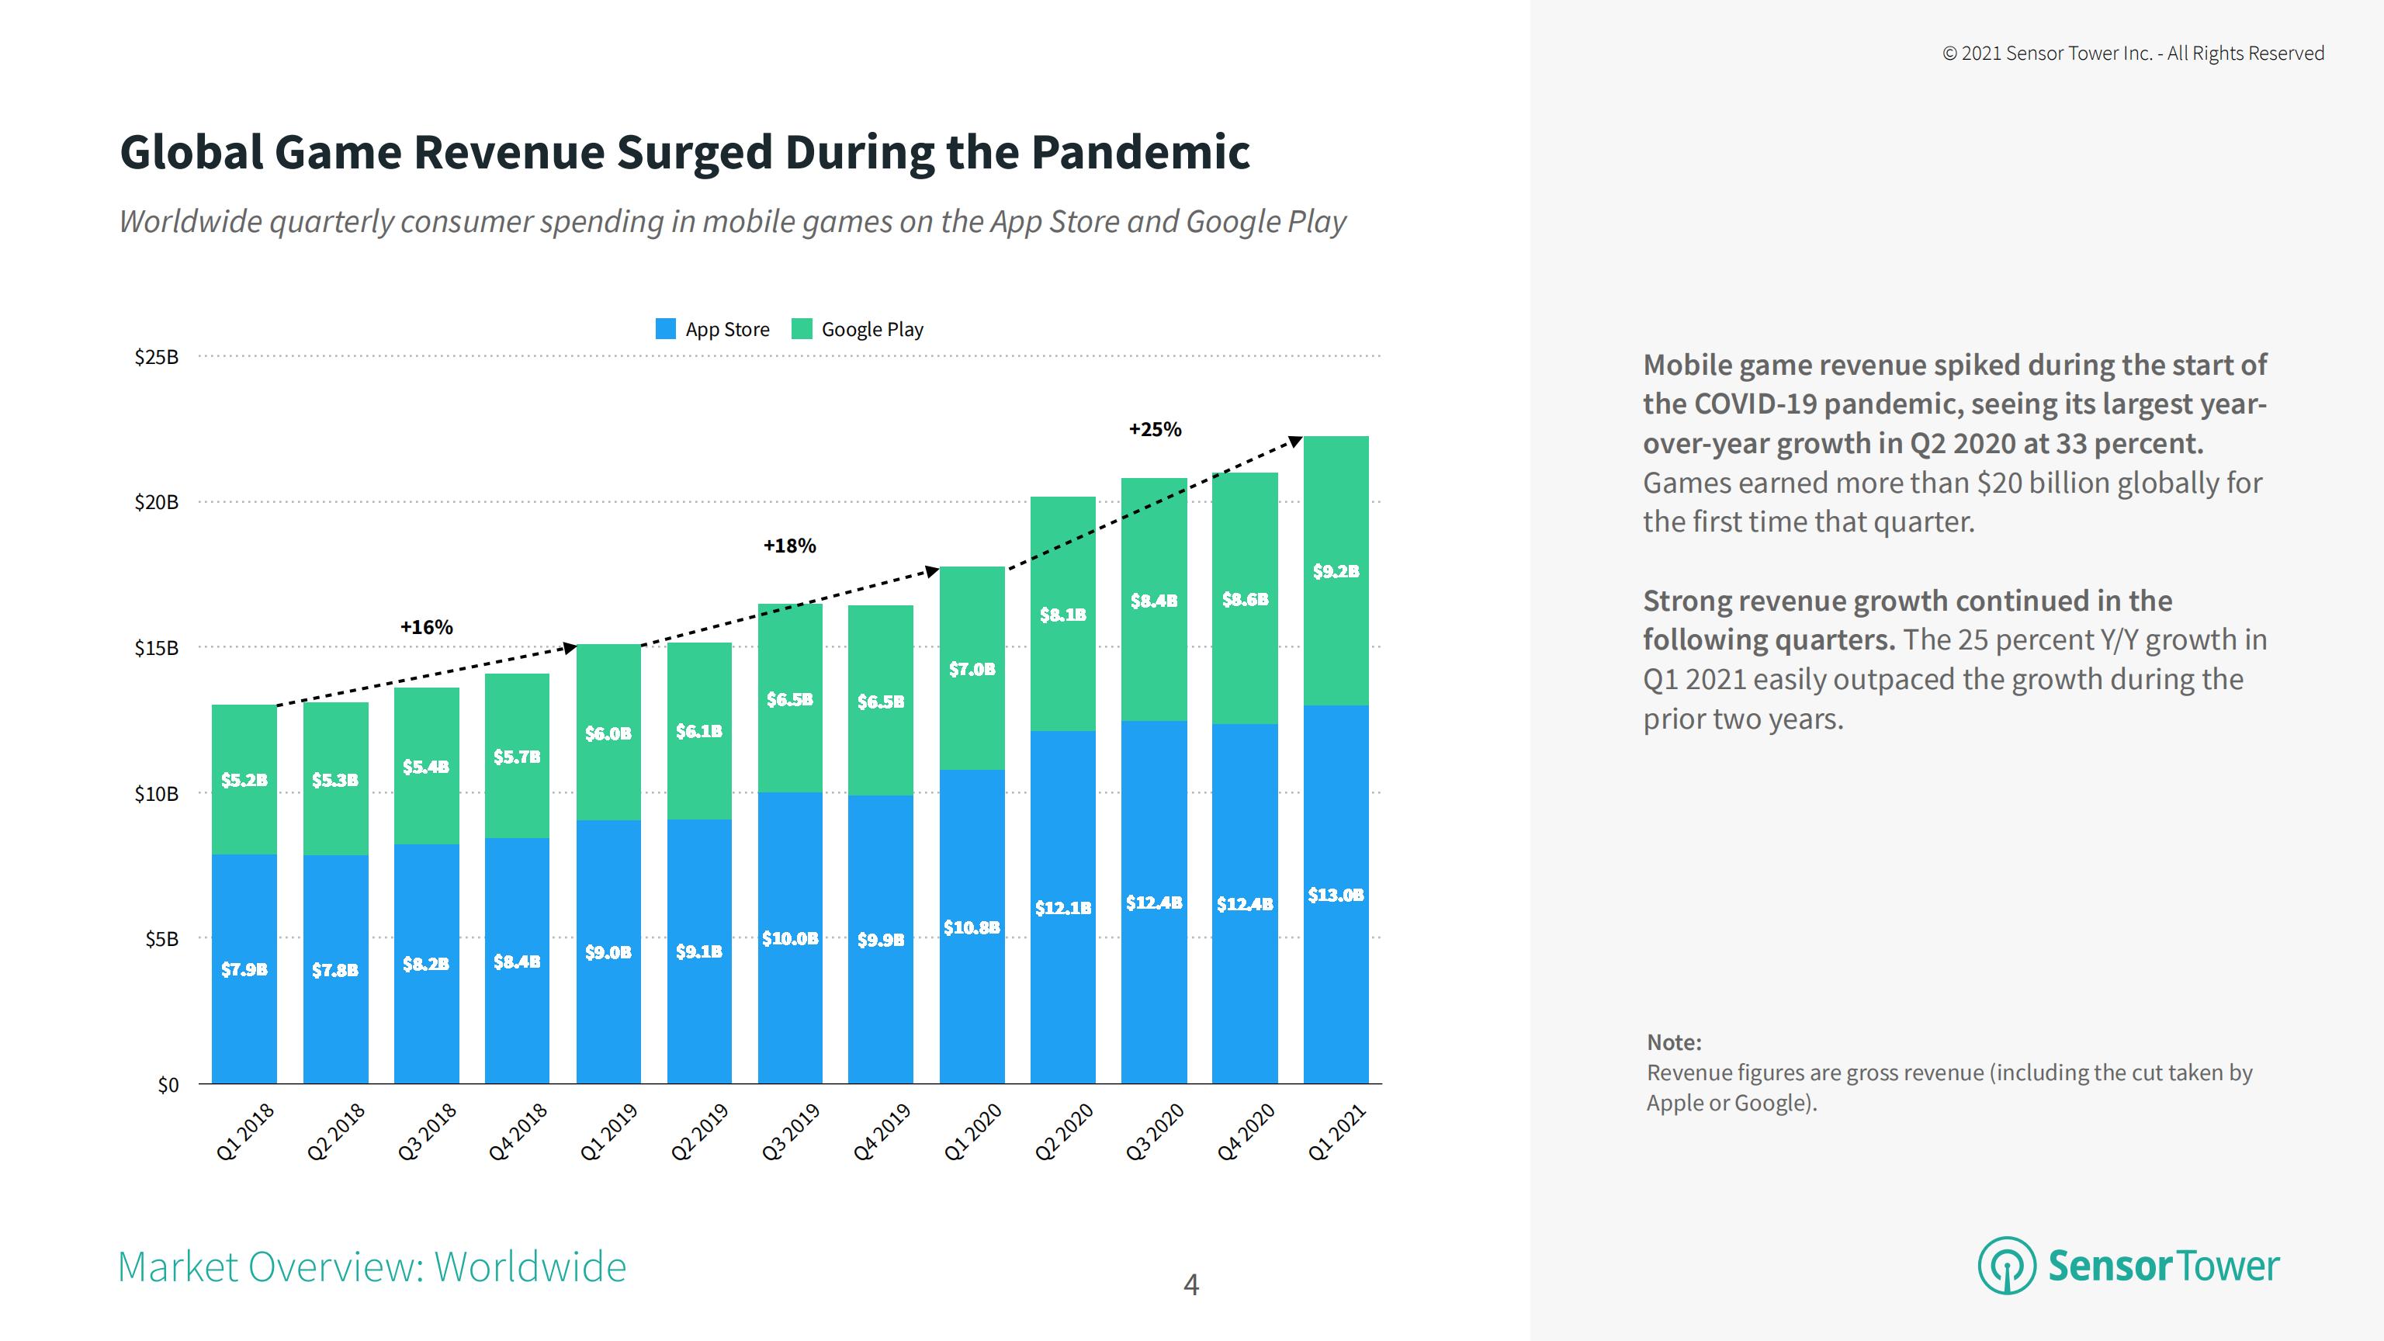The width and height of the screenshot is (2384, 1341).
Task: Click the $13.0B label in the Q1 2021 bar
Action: pos(1336,895)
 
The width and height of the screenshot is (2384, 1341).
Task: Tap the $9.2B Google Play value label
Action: pos(1336,572)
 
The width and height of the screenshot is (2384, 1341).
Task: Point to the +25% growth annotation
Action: pos(1155,429)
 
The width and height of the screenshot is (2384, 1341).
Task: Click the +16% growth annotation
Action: pos(427,628)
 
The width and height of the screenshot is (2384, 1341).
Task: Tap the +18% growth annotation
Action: pos(789,546)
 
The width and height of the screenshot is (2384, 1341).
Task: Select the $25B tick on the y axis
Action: pos(157,357)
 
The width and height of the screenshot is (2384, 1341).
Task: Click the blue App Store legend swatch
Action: pos(665,328)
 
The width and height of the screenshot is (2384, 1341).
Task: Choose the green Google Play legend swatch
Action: pos(802,328)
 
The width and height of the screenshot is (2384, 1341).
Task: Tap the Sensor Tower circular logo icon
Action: pos(2005,1265)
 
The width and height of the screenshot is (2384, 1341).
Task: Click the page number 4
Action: pos(1191,1284)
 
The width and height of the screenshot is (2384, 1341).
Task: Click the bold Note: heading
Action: pos(1674,1043)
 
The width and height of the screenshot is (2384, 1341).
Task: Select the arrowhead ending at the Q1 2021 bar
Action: pos(1296,442)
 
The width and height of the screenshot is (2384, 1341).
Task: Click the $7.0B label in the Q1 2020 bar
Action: pos(972,669)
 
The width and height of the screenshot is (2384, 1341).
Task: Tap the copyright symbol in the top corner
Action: pos(1949,54)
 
